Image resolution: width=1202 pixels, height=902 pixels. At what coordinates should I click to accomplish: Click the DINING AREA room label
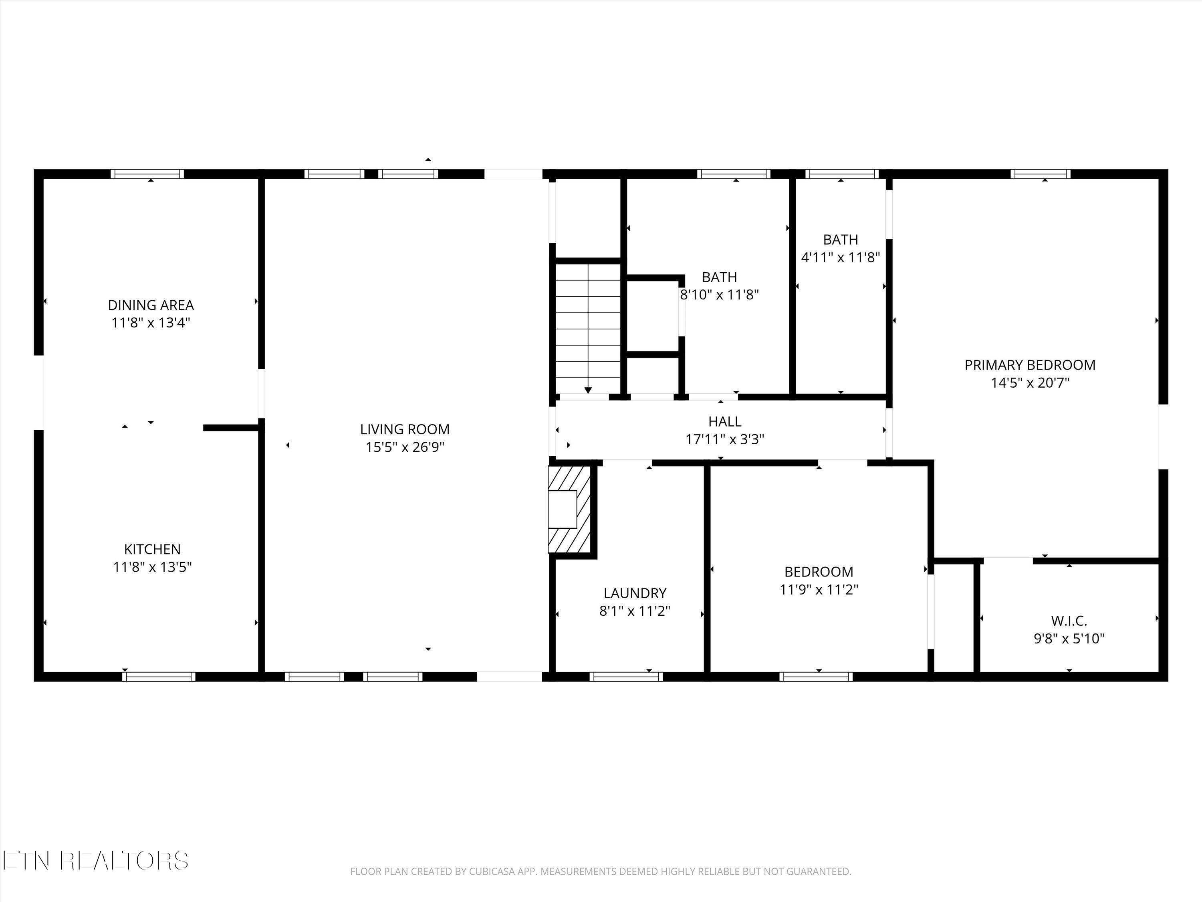pos(151,305)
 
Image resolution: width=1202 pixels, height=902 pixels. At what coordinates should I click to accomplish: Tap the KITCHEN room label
pos(152,549)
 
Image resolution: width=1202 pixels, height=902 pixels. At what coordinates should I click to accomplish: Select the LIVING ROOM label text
pos(405,429)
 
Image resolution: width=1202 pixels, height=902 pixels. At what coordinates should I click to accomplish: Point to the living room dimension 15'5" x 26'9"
pos(405,447)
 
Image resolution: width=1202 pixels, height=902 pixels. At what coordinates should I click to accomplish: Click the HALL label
pos(725,421)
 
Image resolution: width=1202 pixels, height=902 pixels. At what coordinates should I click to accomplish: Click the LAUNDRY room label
pos(635,593)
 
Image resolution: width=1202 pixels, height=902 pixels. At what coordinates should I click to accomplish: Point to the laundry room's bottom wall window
pos(626,677)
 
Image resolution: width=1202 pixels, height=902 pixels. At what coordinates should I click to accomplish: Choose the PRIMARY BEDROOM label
pos(1030,365)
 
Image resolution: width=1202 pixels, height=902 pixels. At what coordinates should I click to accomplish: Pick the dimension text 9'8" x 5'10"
pos(1069,638)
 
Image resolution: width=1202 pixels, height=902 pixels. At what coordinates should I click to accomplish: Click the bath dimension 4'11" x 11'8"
pos(841,257)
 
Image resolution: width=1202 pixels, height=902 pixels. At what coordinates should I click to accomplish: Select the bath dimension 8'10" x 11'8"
pos(720,295)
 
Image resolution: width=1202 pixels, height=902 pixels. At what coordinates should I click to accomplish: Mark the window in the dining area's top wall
pos(147,174)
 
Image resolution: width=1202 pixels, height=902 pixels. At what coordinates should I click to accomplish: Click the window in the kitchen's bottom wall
pos(159,677)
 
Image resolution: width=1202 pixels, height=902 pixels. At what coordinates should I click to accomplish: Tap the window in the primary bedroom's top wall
pos(1041,174)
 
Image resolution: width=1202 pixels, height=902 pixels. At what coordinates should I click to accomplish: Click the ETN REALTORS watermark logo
pos(96,861)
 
